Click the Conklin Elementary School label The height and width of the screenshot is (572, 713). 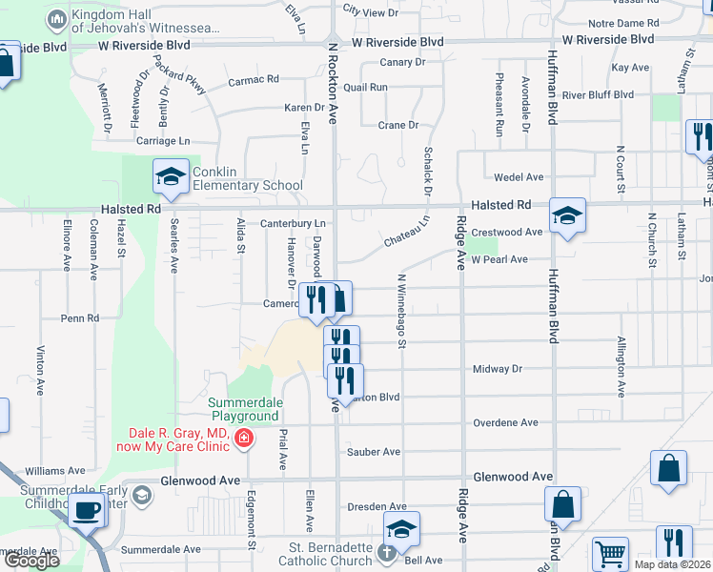247,178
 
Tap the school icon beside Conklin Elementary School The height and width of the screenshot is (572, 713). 171,176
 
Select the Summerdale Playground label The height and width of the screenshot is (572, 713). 245,409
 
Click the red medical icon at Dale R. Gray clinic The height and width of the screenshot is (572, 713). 245,439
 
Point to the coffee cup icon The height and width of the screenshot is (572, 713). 88,509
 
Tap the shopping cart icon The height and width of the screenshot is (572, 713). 610,553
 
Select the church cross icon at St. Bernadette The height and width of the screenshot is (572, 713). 386,552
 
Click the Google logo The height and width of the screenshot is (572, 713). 31,561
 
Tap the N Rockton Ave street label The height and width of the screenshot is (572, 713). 334,86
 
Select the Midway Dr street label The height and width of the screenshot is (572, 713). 498,369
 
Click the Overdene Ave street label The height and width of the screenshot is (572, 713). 505,422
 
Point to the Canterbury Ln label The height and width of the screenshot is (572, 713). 295,224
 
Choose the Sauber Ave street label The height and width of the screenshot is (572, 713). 374,452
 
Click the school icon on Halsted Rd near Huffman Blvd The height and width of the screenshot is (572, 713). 566,216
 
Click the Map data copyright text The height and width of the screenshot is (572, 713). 672,564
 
